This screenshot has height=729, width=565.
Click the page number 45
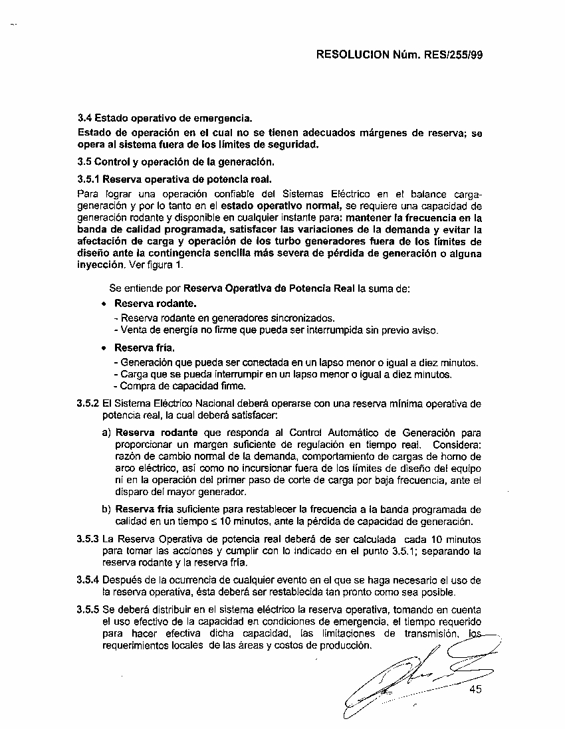pyautogui.click(x=475, y=689)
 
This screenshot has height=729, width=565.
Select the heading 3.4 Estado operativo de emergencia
pyautogui.click(x=166, y=119)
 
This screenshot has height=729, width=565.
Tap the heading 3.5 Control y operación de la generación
pyautogui.click(x=175, y=161)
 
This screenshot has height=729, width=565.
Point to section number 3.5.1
pyautogui.click(x=89, y=179)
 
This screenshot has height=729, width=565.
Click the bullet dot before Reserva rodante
pyautogui.click(x=104, y=304)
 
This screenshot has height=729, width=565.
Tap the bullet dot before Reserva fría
pyautogui.click(x=104, y=348)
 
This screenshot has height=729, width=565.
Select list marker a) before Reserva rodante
pyautogui.click(x=106, y=432)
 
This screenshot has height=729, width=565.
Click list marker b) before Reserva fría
pyautogui.click(x=106, y=510)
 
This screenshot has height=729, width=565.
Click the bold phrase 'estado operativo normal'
pyautogui.click(x=286, y=207)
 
